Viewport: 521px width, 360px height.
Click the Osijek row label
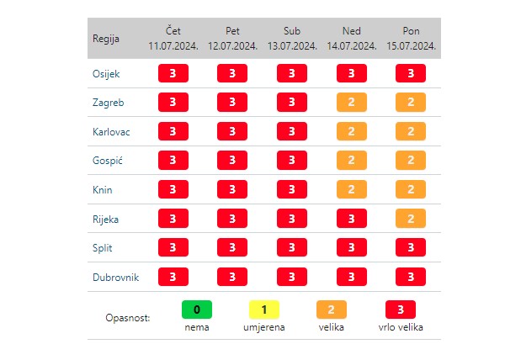coord(106,73)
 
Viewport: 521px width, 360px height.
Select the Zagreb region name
coord(107,103)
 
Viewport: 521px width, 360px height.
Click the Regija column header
coord(106,39)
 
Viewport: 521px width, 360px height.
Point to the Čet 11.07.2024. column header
coord(173,39)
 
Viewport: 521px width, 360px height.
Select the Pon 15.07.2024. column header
coord(411,39)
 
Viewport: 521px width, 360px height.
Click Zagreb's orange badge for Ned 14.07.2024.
coord(351,103)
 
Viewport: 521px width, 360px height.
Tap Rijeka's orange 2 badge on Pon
coord(411,219)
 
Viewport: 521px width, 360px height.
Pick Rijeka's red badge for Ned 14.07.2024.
coord(351,219)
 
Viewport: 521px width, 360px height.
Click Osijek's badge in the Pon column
coord(411,73)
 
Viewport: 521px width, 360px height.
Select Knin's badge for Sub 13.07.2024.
coord(292,189)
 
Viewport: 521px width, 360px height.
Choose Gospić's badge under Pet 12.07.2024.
coord(232,161)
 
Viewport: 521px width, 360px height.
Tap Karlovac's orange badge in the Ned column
coord(351,131)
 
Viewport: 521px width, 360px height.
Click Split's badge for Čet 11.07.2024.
coord(173,247)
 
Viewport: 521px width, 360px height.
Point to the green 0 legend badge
coord(197,310)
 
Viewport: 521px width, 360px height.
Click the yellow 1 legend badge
coord(264,310)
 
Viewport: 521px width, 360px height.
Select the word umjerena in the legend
coord(264,327)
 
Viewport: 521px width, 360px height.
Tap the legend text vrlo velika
coord(401,327)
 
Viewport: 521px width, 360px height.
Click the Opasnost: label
coord(128,319)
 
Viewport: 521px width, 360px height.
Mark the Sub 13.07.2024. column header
coord(292,39)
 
